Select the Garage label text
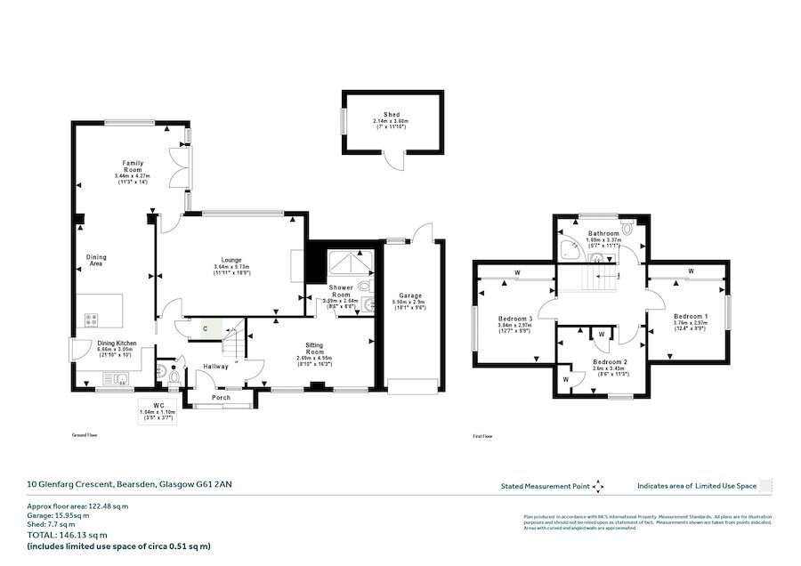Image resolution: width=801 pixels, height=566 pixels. (x=409, y=295)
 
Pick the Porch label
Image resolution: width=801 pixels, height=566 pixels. (x=220, y=397)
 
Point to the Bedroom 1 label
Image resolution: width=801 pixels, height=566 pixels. (x=691, y=317)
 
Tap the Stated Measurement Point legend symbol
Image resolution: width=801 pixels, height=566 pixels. (x=597, y=486)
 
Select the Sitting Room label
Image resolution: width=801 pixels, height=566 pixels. (x=315, y=346)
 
